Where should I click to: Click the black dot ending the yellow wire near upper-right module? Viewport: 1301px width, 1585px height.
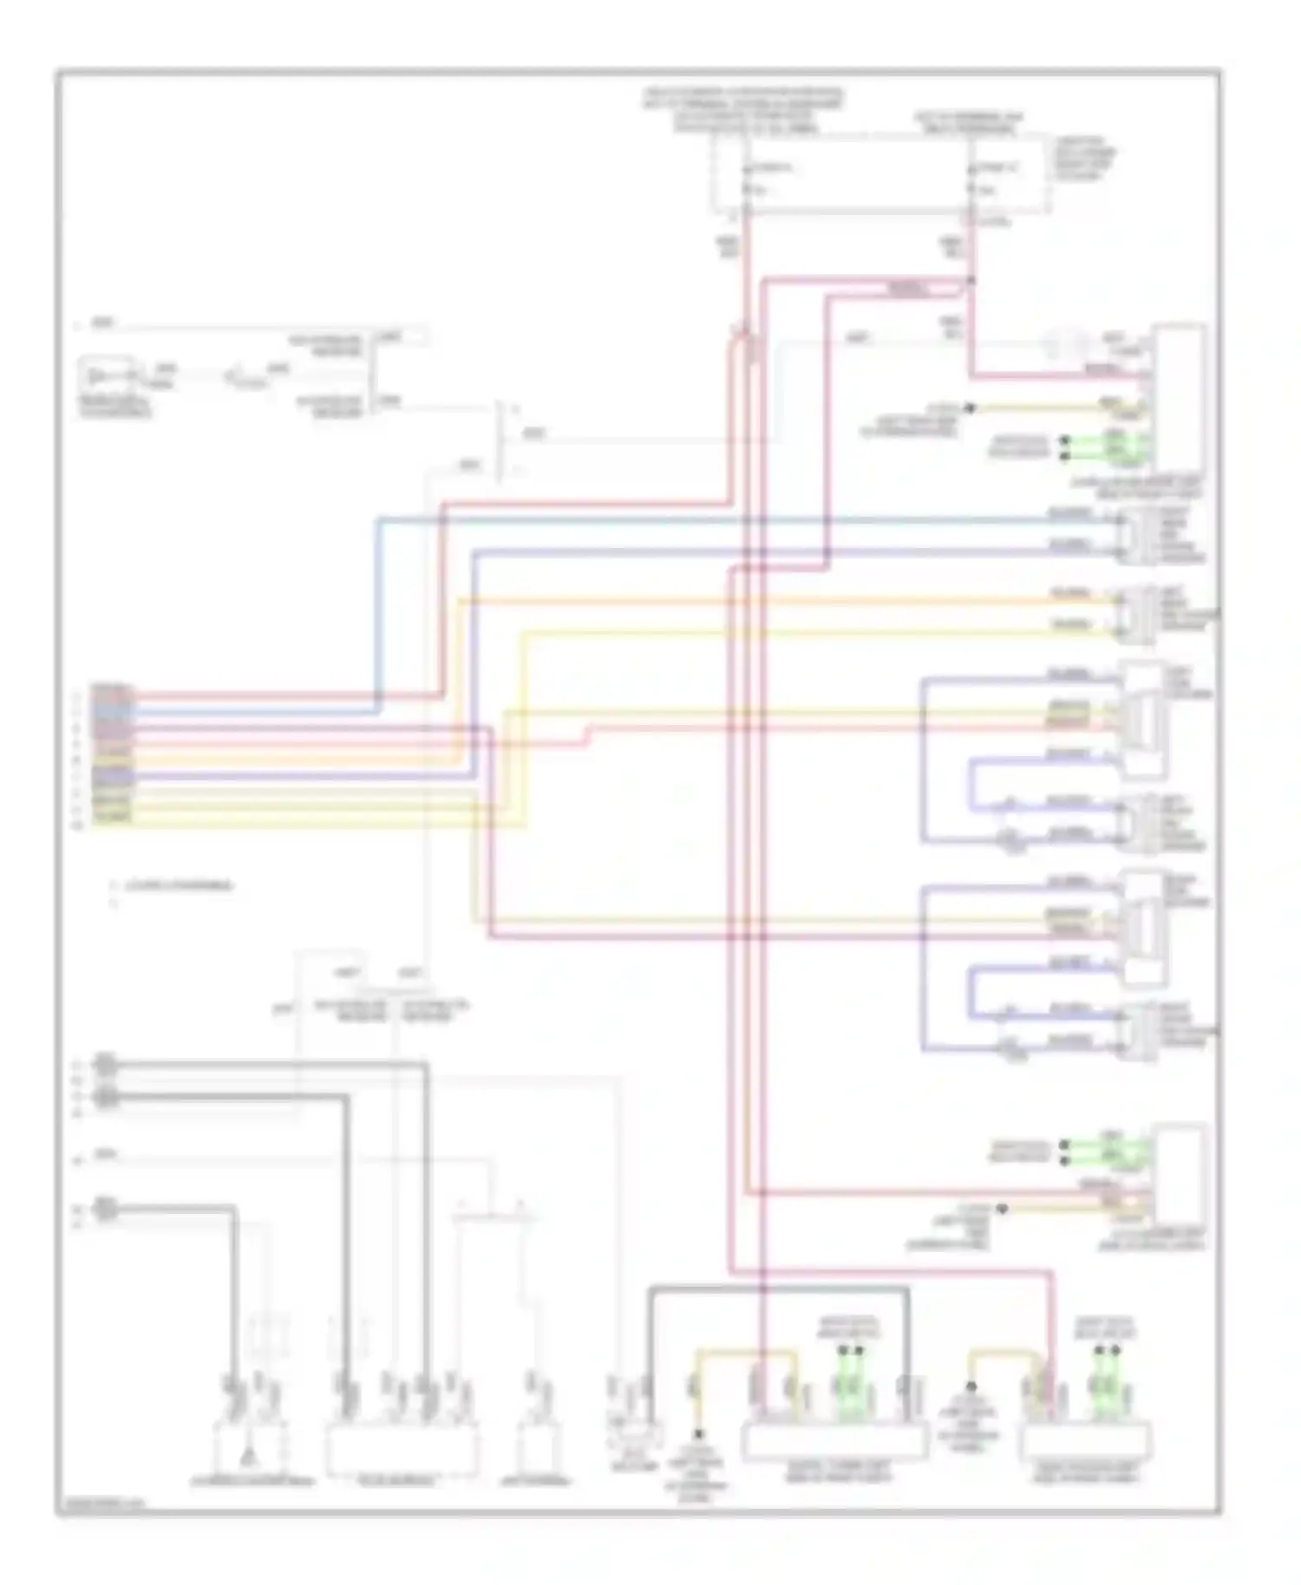(971, 408)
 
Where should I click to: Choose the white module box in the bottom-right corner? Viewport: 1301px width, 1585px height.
(1086, 1440)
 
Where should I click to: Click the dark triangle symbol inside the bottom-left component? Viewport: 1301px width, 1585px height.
(247, 1454)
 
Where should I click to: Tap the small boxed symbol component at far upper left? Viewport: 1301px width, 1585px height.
(106, 377)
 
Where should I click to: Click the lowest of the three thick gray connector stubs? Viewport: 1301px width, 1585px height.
(106, 1208)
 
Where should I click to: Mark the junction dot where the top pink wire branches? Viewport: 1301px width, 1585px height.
(971, 280)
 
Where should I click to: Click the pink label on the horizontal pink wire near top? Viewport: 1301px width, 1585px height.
(907, 289)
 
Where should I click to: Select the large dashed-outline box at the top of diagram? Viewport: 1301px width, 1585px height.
(880, 173)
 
